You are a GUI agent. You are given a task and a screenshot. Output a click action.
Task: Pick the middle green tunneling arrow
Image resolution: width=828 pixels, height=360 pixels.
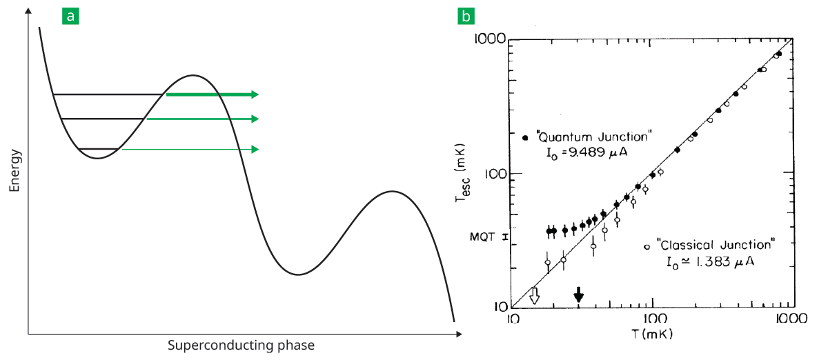point(203,119)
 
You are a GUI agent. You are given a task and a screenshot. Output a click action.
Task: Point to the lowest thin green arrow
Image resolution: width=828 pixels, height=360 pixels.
point(190,149)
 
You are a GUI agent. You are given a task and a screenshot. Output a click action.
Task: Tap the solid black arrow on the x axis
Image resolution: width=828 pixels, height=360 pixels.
point(579,294)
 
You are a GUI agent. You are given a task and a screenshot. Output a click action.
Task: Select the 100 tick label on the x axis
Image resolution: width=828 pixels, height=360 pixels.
point(652,319)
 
